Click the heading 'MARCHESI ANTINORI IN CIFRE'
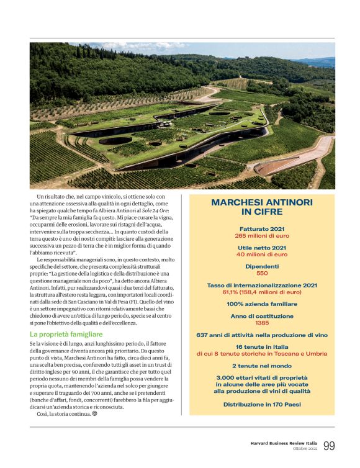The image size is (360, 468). (x=262, y=207)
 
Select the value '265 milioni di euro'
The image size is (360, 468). (x=262, y=236)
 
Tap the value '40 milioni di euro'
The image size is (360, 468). (x=262, y=254)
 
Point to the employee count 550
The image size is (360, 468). (x=262, y=272)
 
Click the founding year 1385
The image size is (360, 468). (x=262, y=323)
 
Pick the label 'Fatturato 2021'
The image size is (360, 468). (x=262, y=229)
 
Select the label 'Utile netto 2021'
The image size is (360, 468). (x=262, y=248)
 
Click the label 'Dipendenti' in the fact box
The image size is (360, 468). (x=262, y=266)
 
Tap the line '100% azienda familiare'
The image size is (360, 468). (x=262, y=304)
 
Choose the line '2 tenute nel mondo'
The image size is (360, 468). (x=262, y=366)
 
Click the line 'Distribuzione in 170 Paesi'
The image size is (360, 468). (x=262, y=403)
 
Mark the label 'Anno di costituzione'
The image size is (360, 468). (x=262, y=316)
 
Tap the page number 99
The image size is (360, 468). (x=329, y=446)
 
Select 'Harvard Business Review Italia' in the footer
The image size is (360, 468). (x=279, y=443)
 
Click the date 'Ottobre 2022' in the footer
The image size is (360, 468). (x=305, y=449)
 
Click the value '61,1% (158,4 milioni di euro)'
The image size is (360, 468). (x=262, y=291)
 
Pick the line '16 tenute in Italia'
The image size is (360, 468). (x=262, y=346)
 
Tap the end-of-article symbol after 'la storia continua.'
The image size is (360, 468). (x=95, y=414)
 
